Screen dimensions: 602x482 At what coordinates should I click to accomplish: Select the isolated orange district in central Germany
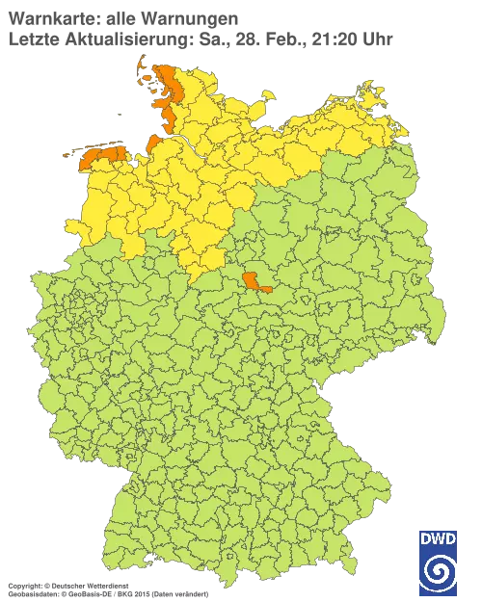256,280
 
